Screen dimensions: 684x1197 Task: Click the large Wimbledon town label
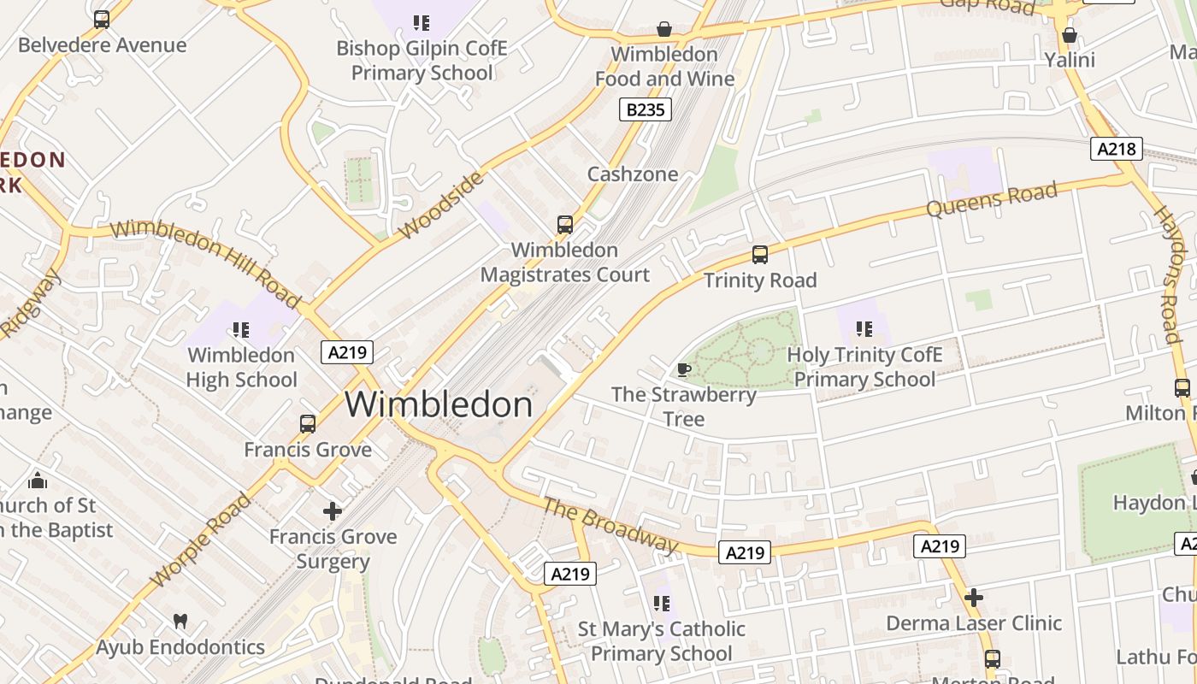tap(439, 404)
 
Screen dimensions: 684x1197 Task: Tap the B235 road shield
tap(645, 109)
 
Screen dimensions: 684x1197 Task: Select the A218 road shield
tap(1117, 149)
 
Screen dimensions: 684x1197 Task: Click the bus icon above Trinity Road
tap(759, 255)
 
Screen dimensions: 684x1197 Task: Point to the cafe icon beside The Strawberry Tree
tap(683, 369)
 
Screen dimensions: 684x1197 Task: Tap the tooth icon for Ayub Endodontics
tap(180, 622)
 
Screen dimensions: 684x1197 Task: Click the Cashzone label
tap(632, 174)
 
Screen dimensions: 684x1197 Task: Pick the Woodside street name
tap(441, 205)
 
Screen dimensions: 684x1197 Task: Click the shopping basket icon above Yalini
tap(1069, 35)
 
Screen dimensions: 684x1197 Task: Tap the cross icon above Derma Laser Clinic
tap(973, 598)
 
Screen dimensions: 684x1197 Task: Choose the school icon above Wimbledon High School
tap(241, 329)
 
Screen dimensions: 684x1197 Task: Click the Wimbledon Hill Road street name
tap(205, 262)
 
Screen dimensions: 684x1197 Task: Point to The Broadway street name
tap(610, 525)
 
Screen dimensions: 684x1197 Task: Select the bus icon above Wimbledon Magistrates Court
tap(564, 225)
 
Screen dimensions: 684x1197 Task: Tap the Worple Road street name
tap(201, 540)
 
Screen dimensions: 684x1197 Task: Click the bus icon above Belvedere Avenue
tap(102, 20)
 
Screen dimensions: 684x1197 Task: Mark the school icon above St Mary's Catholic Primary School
tap(661, 604)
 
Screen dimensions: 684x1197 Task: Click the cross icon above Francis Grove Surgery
tap(333, 511)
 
